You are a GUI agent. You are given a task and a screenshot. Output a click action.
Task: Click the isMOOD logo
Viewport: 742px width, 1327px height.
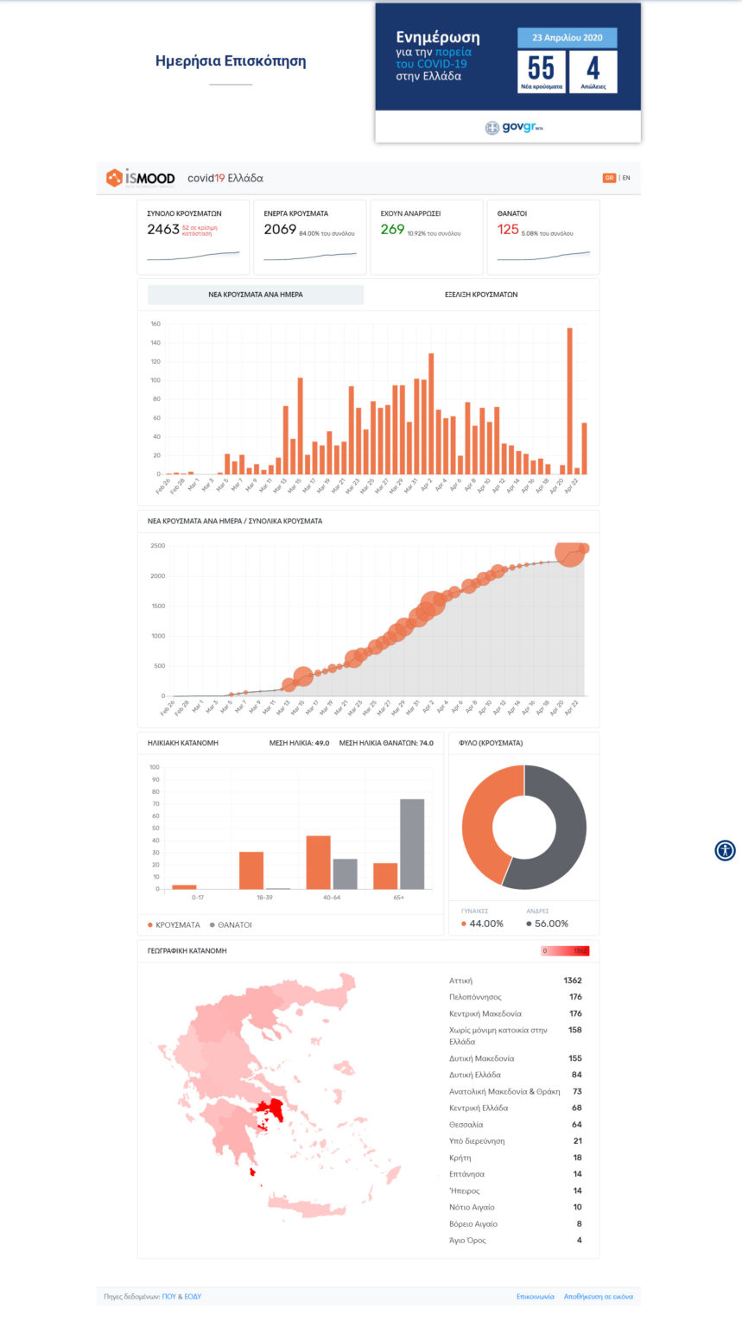[140, 178]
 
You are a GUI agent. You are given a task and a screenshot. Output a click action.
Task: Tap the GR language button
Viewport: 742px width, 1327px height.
[609, 178]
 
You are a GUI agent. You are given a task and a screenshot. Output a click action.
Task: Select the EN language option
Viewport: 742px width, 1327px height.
[626, 178]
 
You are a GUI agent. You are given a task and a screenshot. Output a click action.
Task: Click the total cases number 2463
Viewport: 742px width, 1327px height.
[163, 230]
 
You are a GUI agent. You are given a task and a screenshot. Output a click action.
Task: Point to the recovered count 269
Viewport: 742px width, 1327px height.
[392, 230]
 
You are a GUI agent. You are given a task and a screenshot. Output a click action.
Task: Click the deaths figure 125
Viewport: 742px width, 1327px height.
[508, 230]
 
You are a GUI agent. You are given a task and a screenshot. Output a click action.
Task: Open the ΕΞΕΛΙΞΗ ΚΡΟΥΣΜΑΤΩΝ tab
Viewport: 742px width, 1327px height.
[481, 295]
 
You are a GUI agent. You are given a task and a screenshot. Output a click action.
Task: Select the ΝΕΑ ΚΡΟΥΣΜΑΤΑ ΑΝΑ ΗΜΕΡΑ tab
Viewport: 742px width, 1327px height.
[256, 295]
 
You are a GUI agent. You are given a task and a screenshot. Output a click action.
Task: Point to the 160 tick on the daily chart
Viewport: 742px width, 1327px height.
[155, 324]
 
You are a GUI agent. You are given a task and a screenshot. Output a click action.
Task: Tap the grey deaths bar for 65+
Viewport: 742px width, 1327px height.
[412, 843]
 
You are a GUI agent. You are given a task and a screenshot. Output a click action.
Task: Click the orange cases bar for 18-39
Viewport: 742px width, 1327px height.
[251, 870]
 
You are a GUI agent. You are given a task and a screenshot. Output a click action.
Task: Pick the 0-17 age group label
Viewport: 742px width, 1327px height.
[184, 898]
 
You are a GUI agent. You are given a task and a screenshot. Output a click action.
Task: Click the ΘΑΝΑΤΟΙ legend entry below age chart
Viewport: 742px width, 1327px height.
[231, 924]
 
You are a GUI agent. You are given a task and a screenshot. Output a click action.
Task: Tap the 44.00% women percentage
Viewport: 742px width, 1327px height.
[485, 924]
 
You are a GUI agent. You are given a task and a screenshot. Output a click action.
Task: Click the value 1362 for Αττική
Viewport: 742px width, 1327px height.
[572, 981]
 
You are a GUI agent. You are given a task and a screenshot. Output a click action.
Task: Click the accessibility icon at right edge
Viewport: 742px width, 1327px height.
[725, 850]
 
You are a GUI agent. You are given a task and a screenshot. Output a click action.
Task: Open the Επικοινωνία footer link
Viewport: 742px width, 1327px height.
[534, 1296]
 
